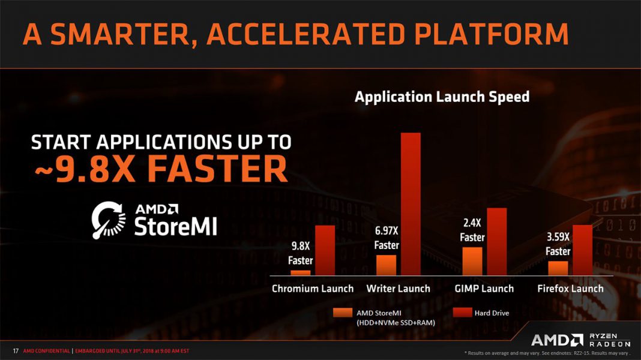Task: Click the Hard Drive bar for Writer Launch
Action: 411,204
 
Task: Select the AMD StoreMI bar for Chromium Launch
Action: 300,273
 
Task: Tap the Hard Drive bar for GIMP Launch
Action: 496,242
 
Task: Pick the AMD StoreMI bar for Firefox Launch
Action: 558,268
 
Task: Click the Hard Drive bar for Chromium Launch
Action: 325,250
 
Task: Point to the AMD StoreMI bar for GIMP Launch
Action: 472,261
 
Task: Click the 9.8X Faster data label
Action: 300,253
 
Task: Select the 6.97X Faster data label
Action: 387,238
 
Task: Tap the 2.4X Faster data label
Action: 472,230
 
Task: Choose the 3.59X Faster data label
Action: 558,244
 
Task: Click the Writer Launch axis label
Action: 398,289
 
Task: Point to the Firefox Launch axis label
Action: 570,289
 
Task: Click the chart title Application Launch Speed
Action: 442,97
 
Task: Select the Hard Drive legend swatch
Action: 462,313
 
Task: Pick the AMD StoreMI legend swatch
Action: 343,313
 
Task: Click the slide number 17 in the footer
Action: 16,350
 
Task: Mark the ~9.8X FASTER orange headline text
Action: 159,170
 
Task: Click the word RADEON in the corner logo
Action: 610,344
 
